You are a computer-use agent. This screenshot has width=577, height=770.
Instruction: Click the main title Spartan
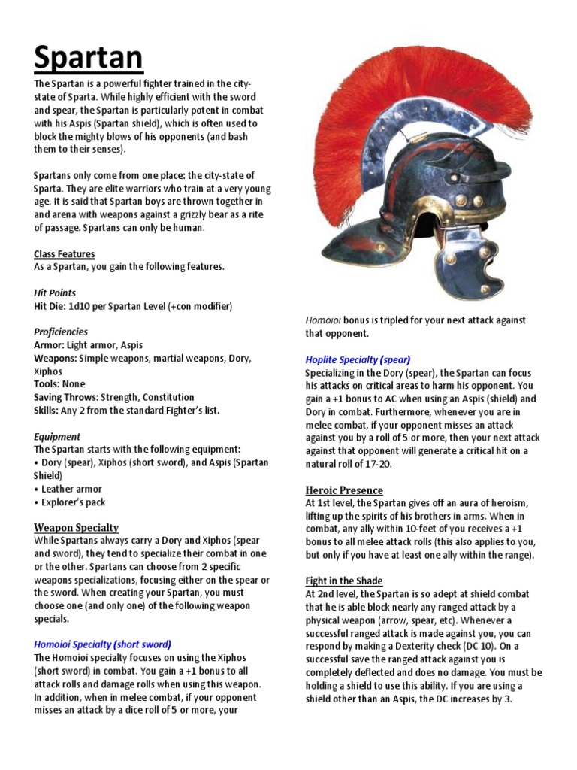[x=89, y=57]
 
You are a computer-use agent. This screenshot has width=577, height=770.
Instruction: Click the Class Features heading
[x=65, y=254]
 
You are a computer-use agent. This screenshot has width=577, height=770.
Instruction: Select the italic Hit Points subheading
[x=55, y=293]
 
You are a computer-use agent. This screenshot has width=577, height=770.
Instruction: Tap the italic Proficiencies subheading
[x=61, y=332]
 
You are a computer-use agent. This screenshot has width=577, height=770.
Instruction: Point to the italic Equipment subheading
[x=57, y=437]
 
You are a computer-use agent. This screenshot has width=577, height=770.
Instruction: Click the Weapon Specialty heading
[x=77, y=528]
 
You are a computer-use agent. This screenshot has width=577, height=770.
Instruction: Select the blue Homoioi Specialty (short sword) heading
[x=103, y=644]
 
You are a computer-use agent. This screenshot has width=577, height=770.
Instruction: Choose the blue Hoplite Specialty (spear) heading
[x=358, y=359]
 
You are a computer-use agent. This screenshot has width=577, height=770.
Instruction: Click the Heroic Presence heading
[x=344, y=490]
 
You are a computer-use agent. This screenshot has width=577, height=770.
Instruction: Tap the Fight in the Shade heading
[x=344, y=581]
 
